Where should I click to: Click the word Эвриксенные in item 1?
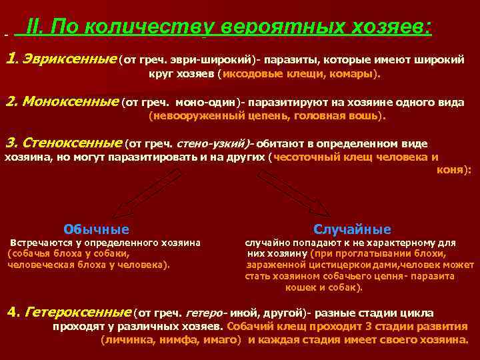click(x=69, y=60)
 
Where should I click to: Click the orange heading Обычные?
click(x=96, y=229)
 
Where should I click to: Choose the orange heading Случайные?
click(x=352, y=229)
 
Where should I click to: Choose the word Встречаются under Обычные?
click(x=41, y=243)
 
